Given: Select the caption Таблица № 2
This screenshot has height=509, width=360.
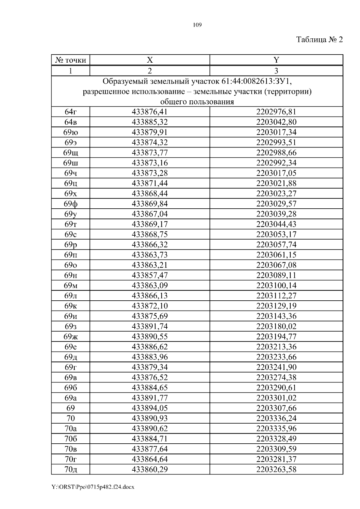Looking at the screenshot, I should (x=319, y=40).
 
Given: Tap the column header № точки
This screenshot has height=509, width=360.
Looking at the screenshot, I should (x=71, y=60).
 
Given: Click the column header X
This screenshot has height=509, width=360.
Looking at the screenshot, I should (x=150, y=60).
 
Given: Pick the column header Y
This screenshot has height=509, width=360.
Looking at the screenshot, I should (x=276, y=60).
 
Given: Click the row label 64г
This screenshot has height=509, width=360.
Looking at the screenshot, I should (x=71, y=112).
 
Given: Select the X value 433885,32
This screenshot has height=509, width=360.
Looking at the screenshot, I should (x=150, y=122).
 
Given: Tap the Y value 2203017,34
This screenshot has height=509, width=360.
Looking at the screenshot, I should (x=276, y=132).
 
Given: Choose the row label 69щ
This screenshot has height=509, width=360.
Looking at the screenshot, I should (x=71, y=153).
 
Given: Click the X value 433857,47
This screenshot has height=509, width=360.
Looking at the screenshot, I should (x=150, y=275).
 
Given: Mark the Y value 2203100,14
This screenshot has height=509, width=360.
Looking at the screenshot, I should (x=276, y=285).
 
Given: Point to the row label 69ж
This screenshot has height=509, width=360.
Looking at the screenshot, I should (x=71, y=337).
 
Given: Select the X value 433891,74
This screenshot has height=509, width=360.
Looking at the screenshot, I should (x=150, y=326).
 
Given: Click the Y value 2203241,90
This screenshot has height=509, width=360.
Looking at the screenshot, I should (x=276, y=367).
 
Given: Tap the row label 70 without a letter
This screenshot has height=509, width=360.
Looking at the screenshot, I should (x=71, y=418).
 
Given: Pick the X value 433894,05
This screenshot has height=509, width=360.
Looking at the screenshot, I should (x=150, y=408).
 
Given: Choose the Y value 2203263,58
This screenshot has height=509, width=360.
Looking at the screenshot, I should (x=276, y=469).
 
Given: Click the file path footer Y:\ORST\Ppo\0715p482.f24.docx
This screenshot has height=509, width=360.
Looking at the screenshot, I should (x=93, y=487).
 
